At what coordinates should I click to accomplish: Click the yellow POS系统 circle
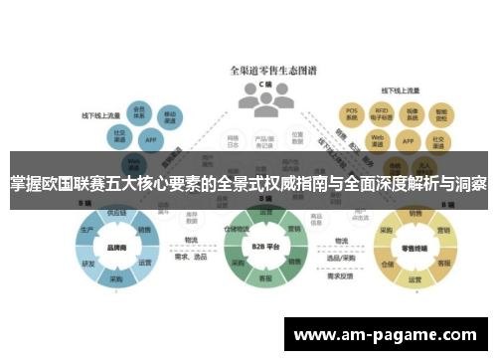[350, 113]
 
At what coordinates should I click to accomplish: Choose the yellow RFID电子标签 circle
[382, 113]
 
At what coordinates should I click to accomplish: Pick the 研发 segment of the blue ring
[90, 265]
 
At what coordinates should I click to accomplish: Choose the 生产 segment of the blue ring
[88, 231]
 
